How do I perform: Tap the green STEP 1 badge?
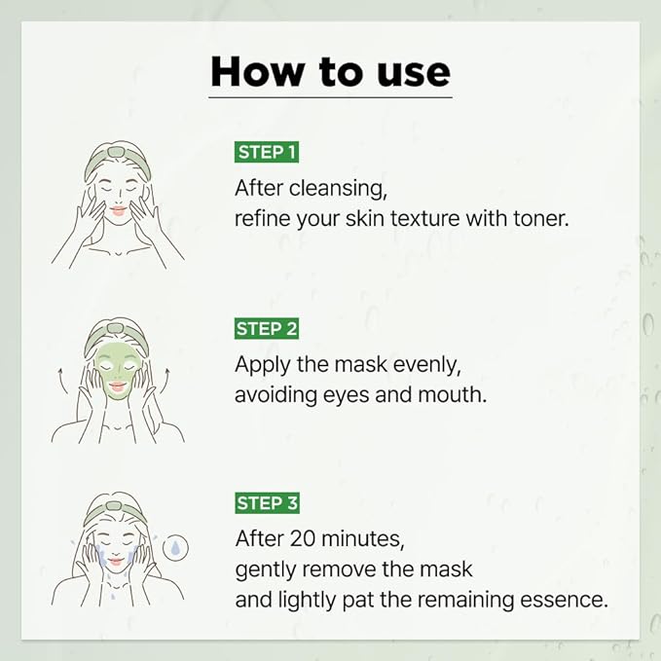coord(266,152)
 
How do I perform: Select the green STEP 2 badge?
coord(266,329)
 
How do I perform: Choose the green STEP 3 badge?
coord(266,503)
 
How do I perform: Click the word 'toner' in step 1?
coord(538,218)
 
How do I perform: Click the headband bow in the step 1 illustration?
coord(118,151)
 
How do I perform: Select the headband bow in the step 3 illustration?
coord(118,502)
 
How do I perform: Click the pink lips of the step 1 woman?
coord(118,209)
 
